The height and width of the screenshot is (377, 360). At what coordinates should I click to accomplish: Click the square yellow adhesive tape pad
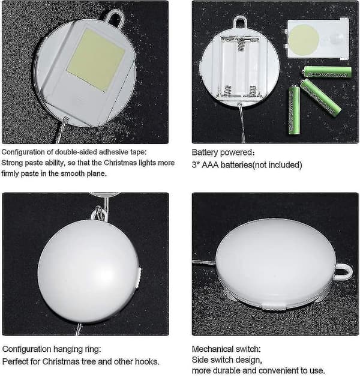click(95, 59)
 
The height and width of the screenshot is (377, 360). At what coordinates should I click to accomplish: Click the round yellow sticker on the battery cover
click(303, 39)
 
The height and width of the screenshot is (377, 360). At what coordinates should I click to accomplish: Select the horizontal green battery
click(327, 72)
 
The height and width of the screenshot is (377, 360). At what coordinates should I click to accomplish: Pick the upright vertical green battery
click(294, 110)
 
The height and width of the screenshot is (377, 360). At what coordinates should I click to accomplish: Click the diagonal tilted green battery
click(320, 98)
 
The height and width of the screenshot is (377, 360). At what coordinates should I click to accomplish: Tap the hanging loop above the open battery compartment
click(239, 22)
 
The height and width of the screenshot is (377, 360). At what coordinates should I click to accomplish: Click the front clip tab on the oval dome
click(274, 306)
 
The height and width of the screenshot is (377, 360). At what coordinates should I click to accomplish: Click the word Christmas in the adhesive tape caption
click(121, 163)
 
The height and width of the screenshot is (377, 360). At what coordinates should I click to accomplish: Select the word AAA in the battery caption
click(210, 165)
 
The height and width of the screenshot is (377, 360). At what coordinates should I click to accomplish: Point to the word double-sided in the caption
click(76, 152)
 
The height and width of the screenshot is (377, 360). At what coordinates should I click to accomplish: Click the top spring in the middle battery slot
click(239, 45)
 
